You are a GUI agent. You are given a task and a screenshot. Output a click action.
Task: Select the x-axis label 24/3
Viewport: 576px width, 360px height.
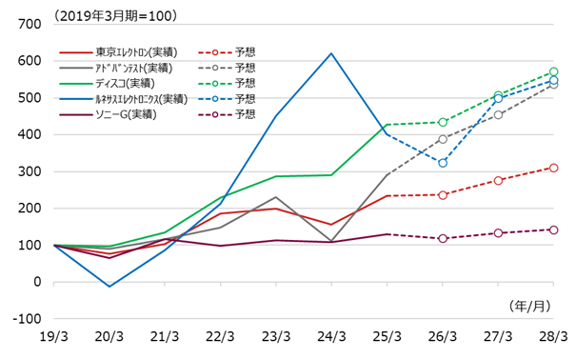pyautogui.click(x=331, y=337)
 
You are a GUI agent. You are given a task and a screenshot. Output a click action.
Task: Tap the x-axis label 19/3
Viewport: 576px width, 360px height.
pyautogui.click(x=54, y=337)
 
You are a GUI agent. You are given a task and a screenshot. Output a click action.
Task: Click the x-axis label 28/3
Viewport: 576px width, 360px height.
pyautogui.click(x=553, y=337)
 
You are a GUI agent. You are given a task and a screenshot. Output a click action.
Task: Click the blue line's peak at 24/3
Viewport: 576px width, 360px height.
pyautogui.click(x=331, y=53)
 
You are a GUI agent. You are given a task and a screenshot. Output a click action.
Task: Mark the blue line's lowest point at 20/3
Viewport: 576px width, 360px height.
pyautogui.click(x=109, y=287)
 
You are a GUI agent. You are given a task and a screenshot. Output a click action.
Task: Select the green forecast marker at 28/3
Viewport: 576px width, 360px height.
pyautogui.click(x=553, y=72)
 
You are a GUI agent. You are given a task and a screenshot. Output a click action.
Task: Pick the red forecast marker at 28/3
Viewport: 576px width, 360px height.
pyautogui.click(x=553, y=168)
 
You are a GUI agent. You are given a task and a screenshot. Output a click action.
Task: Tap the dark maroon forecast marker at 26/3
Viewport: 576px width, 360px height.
pyautogui.click(x=443, y=238)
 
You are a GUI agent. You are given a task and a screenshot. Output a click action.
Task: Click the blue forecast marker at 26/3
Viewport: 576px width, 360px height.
pyautogui.click(x=443, y=163)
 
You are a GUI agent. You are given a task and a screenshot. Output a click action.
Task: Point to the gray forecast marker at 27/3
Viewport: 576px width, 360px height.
pyautogui.click(x=498, y=114)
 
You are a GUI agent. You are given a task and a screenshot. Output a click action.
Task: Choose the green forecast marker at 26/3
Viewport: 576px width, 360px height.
pyautogui.click(x=443, y=122)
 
